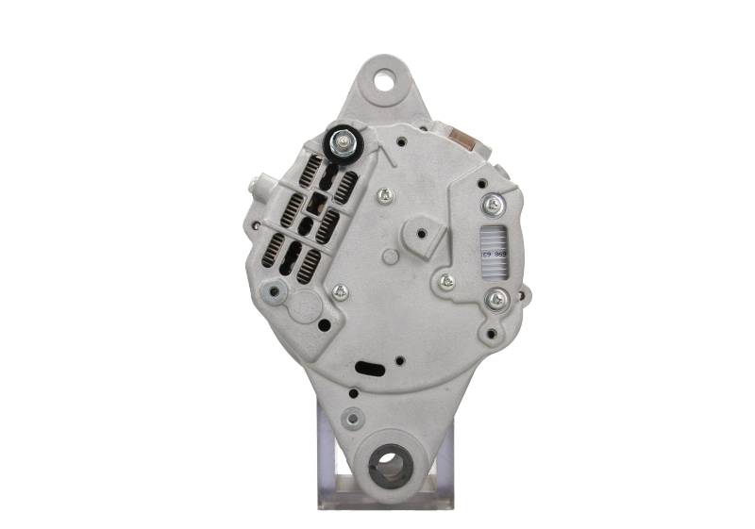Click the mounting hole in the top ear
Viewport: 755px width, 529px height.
384,81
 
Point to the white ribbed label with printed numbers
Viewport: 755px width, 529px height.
493,252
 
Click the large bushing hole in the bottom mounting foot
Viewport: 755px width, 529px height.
389,464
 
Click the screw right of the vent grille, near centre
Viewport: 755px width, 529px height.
383,196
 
